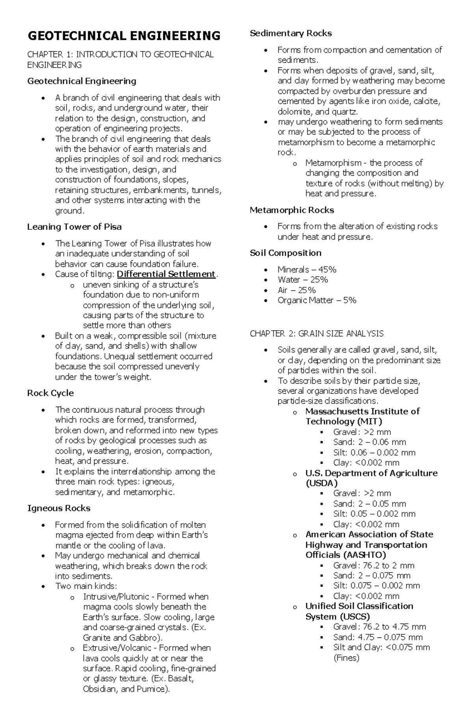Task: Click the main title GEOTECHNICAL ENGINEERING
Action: coord(124,36)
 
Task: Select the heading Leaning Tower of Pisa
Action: coord(74,227)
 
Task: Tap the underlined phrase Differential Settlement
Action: coord(166,274)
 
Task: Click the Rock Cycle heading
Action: coord(50,393)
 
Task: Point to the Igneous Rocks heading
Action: coord(59,508)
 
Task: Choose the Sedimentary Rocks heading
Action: coord(291,33)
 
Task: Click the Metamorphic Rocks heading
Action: coord(292,210)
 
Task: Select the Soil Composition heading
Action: coord(285,253)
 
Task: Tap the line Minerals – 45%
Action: coord(307,269)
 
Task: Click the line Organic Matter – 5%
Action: coord(317,300)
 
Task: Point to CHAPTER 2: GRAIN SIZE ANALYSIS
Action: coord(317,334)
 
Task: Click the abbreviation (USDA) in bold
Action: coord(322,483)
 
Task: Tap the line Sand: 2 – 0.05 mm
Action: coord(369,504)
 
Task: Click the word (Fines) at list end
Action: coord(346,658)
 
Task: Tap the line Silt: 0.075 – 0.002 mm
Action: coord(376,586)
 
